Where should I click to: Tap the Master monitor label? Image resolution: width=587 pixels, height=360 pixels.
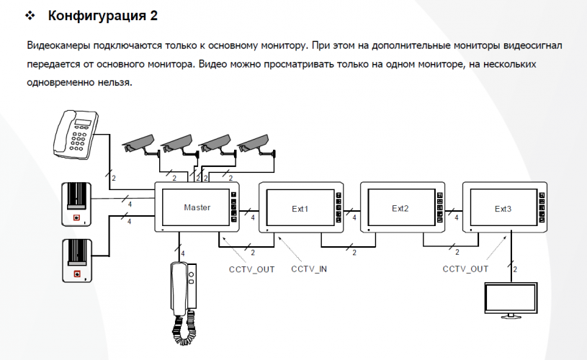coord(197,207)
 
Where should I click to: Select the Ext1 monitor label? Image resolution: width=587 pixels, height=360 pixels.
coord(300,209)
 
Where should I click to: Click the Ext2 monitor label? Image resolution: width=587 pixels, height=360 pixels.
coord(400,209)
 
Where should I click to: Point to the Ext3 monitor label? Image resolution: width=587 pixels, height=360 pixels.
coord(503,209)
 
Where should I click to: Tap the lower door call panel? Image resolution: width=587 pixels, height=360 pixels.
coord(78,261)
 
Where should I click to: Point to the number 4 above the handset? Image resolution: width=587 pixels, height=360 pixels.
coord(183,253)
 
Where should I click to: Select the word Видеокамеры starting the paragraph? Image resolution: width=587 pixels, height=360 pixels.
coord(57,45)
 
